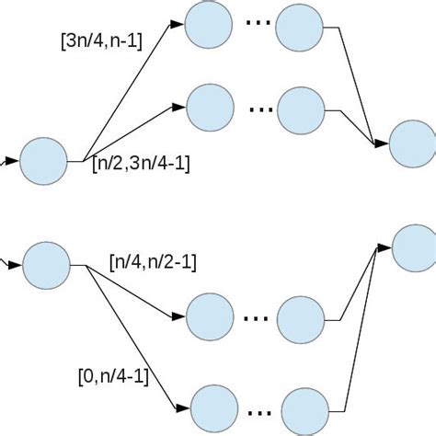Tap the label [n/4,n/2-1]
click(x=152, y=262)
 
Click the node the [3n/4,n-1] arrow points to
click(x=208, y=26)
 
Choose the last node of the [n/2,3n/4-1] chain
click(x=303, y=111)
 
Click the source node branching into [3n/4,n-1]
click(x=43, y=162)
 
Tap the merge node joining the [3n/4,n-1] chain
click(x=412, y=143)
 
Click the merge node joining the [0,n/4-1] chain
click(x=415, y=246)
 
